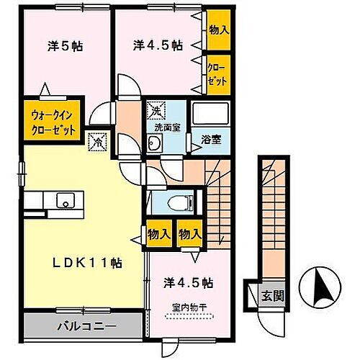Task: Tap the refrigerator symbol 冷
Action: [96, 142]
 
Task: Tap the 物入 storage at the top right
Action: [219, 31]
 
